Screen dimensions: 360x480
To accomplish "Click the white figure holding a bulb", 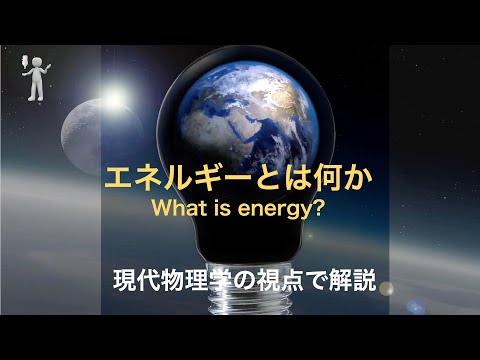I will [x=35, y=78].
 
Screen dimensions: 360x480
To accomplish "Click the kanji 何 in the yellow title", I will [x=321, y=177].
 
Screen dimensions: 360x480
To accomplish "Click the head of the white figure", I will [x=38, y=62].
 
